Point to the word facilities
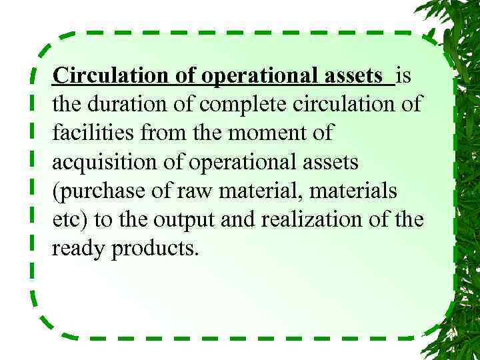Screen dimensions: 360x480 click(89, 133)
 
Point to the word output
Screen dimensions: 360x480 click(185, 219)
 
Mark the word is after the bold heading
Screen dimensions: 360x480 click(404, 76)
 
